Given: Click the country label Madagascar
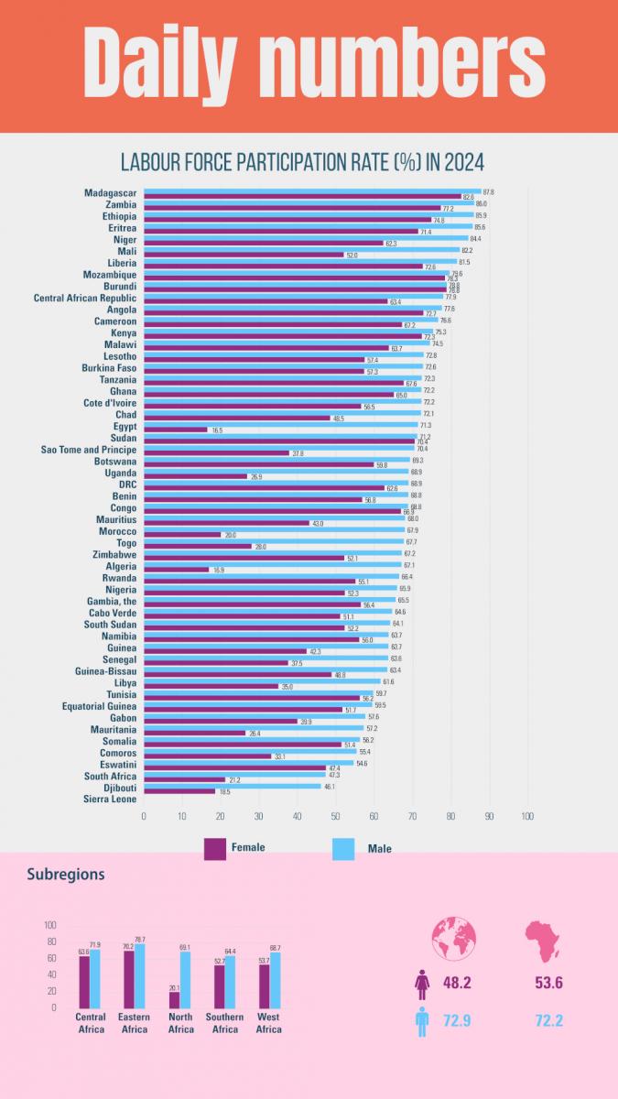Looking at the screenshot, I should pos(110,193).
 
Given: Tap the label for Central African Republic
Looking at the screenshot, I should pos(85,298).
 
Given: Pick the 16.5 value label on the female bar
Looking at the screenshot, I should pos(217,430).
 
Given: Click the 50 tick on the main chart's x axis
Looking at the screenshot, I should pos(335,816).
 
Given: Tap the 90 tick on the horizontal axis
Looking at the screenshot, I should pos(489,816).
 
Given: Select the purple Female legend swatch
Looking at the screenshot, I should pos(214,848).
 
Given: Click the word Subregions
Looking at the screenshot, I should pos(66,875).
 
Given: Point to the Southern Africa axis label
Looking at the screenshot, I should pos(224,1023).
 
